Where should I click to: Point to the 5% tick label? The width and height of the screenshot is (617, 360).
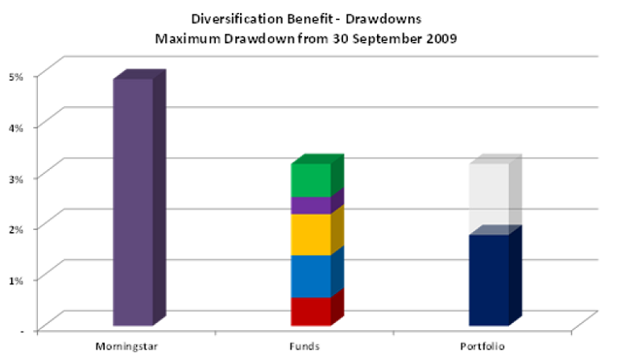click(16, 77)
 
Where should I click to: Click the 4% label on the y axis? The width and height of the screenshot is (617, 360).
click(16, 127)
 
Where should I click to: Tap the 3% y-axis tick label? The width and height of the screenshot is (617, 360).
click(16, 178)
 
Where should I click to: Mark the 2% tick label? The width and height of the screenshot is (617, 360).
click(16, 229)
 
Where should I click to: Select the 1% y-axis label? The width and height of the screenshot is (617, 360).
click(16, 280)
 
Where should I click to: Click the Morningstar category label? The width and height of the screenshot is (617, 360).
click(126, 346)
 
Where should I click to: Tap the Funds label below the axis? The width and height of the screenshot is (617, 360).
click(304, 346)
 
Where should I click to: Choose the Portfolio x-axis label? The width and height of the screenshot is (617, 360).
click(482, 346)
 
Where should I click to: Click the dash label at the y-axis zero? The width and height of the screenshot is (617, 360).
click(22, 331)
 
